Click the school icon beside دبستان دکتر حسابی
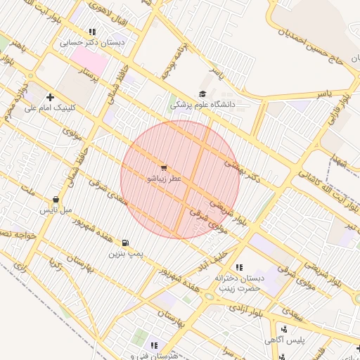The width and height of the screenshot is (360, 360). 92,32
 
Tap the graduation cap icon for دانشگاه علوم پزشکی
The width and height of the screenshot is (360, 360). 203,94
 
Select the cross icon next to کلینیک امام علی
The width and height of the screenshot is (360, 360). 49,96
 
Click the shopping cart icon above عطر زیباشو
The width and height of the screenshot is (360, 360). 164,168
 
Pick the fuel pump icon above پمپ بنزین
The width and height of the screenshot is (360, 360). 126,243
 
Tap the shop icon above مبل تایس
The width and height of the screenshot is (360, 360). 56,200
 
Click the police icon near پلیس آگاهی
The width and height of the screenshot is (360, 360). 283,329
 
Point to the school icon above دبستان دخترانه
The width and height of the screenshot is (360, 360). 239,267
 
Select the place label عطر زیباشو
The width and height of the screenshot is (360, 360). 164,179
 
